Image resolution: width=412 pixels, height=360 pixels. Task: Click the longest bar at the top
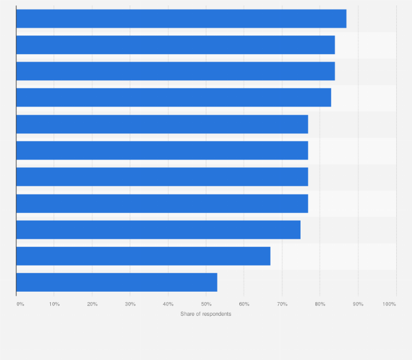pyautogui.click(x=181, y=19)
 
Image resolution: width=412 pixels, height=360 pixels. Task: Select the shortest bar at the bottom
pyautogui.click(x=116, y=282)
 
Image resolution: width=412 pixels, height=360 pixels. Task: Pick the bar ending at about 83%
pyautogui.click(x=173, y=97)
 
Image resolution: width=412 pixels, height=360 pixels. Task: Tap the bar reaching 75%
pyautogui.click(x=158, y=229)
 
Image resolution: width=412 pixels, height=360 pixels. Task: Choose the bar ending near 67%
pyautogui.click(x=143, y=256)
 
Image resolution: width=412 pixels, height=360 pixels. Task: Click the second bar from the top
pyautogui.click(x=175, y=45)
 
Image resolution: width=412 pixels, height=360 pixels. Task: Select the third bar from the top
pyautogui.click(x=175, y=71)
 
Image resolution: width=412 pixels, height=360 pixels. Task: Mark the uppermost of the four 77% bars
pyautogui.click(x=162, y=124)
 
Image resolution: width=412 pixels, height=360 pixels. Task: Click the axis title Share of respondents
pyautogui.click(x=205, y=314)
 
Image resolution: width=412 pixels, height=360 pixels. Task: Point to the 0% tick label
pyautogui.click(x=20, y=304)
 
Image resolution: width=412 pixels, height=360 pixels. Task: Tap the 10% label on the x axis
pyautogui.click(x=54, y=304)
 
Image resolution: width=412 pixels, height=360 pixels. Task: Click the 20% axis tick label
pyautogui.click(x=92, y=304)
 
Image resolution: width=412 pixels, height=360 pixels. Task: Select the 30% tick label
pyautogui.click(x=130, y=304)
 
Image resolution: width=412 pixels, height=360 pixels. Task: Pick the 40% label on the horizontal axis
pyautogui.click(x=168, y=304)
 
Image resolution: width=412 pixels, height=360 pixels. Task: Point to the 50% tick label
pyautogui.click(x=206, y=304)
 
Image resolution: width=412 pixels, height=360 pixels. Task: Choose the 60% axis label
pyautogui.click(x=244, y=304)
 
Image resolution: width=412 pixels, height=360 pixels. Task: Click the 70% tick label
pyautogui.click(x=282, y=304)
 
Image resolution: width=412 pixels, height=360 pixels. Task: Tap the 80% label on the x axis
pyautogui.click(x=320, y=304)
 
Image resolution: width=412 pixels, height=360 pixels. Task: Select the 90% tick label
pyautogui.click(x=358, y=304)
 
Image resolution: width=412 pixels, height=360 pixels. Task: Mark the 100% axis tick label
pyautogui.click(x=389, y=304)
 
